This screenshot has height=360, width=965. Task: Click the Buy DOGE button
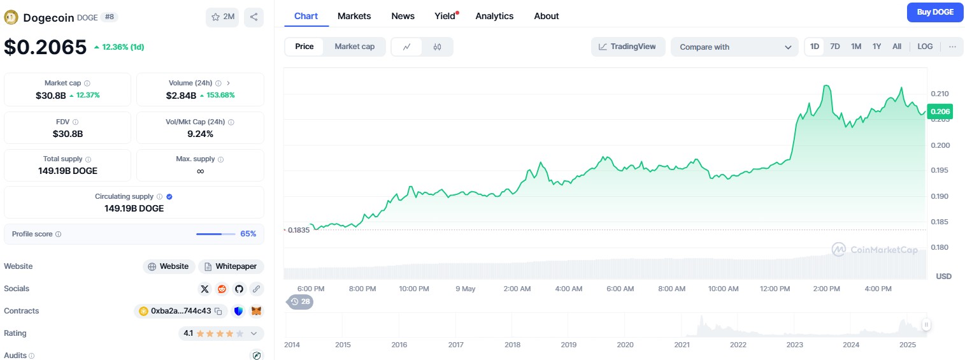935,12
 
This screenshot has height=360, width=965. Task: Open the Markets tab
354,16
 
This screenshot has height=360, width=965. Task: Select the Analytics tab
494,16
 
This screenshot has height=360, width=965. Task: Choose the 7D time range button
835,47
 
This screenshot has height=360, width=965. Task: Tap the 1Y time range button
877,47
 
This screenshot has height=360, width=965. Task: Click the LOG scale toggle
925,47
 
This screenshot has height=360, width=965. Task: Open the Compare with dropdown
734,47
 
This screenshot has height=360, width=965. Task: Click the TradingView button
627,47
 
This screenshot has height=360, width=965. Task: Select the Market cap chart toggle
354,47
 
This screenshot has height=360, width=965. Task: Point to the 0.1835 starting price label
298,230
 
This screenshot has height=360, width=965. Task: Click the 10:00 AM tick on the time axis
724,289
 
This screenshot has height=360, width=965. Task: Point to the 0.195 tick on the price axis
940,170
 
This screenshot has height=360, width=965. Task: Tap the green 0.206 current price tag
940,112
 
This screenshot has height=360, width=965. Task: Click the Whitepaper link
231,266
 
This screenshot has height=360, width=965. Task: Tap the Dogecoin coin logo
11,17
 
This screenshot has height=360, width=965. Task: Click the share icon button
254,17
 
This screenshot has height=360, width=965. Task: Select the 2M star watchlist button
222,17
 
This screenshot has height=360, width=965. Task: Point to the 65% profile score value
248,234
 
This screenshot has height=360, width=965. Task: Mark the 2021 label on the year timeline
682,345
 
